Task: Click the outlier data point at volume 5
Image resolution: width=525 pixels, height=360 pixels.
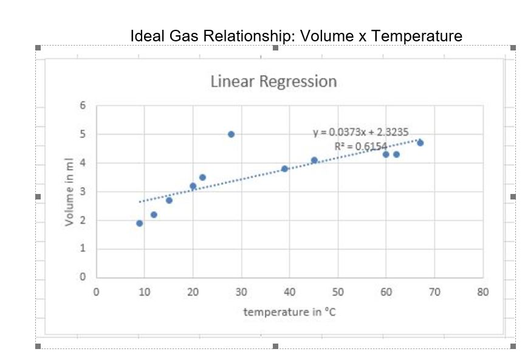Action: click(x=231, y=134)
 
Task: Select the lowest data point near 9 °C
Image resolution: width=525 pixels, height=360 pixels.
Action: click(x=139, y=223)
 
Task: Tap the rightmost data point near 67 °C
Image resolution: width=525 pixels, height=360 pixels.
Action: click(x=420, y=142)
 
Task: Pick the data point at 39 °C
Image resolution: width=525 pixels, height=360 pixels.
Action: click(x=284, y=168)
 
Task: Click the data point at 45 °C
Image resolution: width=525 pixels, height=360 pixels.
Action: click(x=314, y=160)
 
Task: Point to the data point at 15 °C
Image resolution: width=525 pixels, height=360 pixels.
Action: click(x=169, y=200)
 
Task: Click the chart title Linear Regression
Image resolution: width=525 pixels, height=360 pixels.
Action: click(x=273, y=81)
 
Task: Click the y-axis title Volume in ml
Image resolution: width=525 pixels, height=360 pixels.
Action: click(x=70, y=192)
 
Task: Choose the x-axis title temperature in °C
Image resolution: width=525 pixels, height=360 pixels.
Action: click(x=290, y=312)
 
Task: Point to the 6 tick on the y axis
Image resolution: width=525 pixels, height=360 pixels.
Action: click(x=83, y=105)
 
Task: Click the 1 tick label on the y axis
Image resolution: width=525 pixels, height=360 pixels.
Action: click(x=83, y=249)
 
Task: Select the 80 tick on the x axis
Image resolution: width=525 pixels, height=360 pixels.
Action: click(x=483, y=292)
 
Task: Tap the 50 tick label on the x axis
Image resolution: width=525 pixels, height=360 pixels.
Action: click(x=338, y=292)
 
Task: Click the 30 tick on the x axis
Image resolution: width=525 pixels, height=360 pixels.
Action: click(x=241, y=292)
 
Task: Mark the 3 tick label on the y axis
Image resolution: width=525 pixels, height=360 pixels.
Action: click(x=83, y=192)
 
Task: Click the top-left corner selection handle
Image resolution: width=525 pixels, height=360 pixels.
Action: click(x=38, y=47)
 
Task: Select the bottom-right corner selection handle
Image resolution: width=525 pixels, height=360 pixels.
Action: click(x=513, y=346)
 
